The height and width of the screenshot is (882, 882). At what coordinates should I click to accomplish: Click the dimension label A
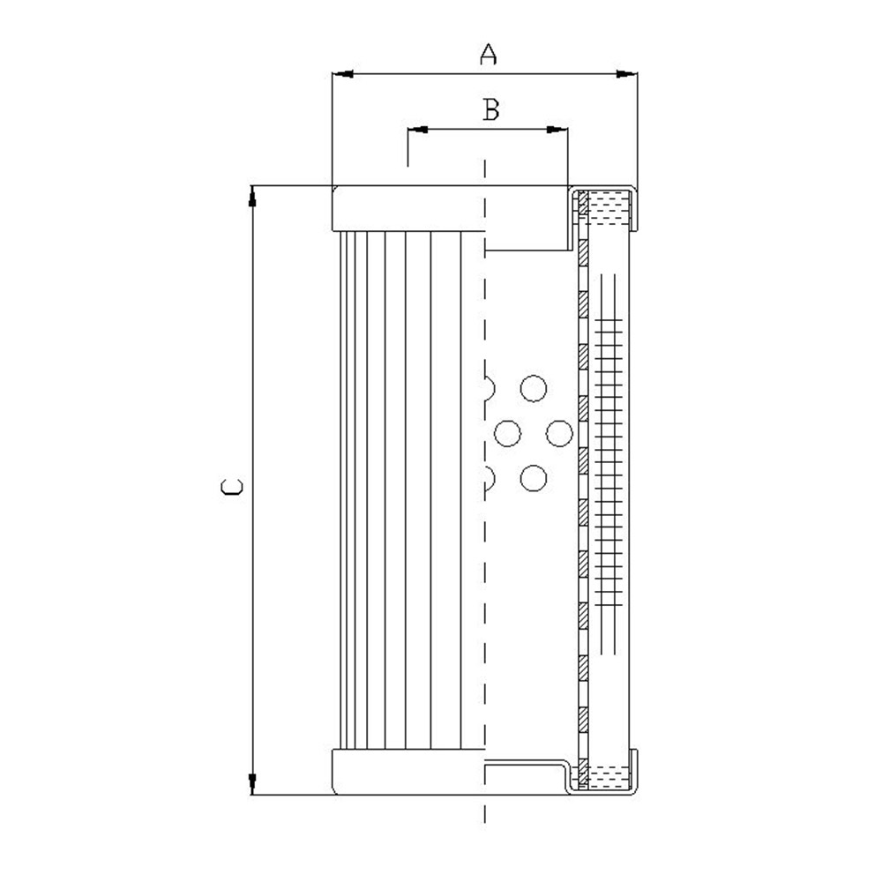tap(488, 54)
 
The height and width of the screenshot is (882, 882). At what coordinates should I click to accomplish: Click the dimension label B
tap(491, 109)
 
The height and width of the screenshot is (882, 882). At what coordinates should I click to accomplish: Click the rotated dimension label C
tap(232, 487)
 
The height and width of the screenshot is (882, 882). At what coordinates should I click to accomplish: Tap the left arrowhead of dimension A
tap(342, 74)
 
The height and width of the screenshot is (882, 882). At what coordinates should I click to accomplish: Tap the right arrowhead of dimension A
tap(627, 74)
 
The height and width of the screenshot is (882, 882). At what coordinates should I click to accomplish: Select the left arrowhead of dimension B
tap(417, 130)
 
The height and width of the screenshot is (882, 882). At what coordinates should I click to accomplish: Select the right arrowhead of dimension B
tap(557, 130)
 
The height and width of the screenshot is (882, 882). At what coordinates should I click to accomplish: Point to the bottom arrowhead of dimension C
tap(252, 784)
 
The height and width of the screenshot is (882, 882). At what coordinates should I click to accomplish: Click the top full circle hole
tap(534, 388)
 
